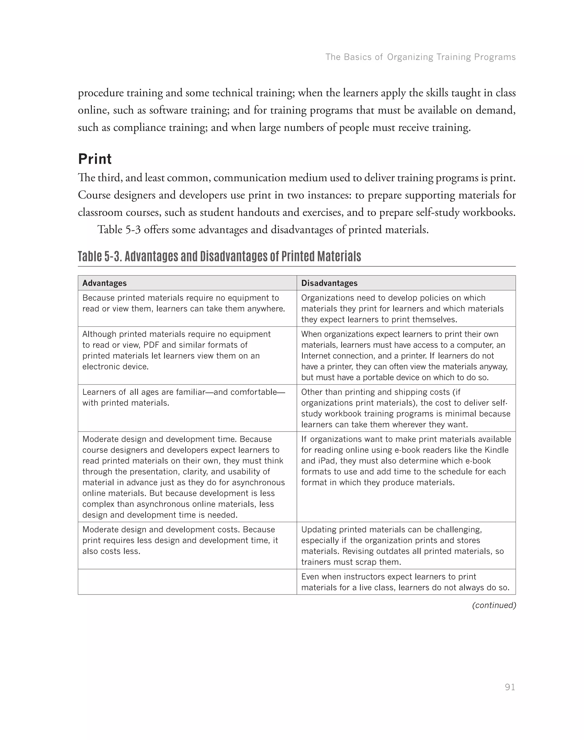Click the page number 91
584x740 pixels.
pyautogui.click(x=510, y=687)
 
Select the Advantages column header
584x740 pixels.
pyautogui.click(x=104, y=283)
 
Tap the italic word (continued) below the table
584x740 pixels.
pyautogui.click(x=493, y=605)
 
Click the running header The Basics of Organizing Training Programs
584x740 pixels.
pyautogui.click(x=420, y=57)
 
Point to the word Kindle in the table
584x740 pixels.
pyautogui.click(x=498, y=450)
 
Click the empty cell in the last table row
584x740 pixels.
pyautogui.click(x=187, y=582)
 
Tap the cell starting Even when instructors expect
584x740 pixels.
pyautogui.click(x=405, y=582)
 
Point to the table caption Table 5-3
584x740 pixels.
pyautogui.click(x=219, y=256)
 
